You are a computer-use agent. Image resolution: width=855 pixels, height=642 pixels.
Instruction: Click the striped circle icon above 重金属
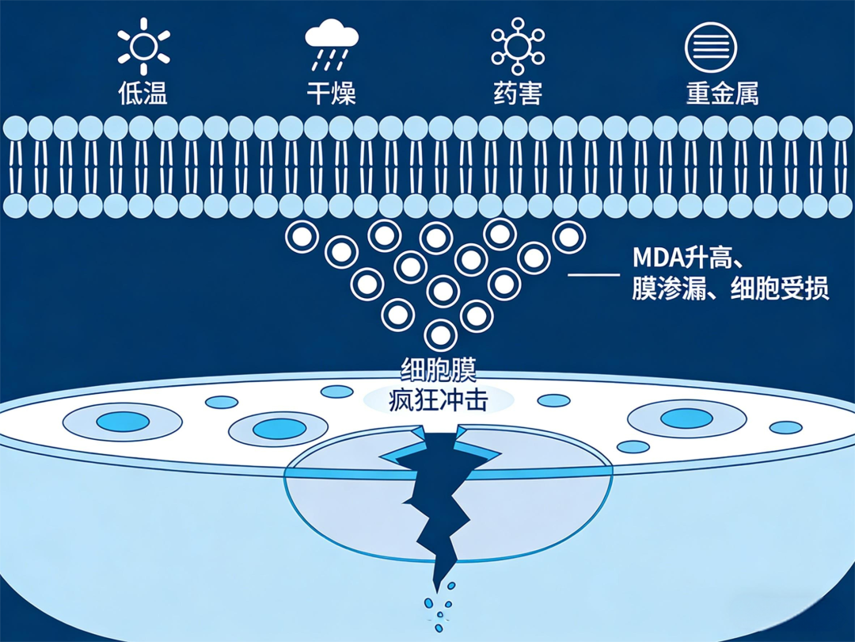(710, 45)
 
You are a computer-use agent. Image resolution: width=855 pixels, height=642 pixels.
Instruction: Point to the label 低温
(143, 94)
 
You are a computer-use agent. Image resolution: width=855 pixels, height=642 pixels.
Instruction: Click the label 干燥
(332, 94)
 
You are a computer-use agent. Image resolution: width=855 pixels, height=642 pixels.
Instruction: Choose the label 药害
(518, 94)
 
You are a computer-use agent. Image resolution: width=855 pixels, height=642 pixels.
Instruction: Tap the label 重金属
(722, 94)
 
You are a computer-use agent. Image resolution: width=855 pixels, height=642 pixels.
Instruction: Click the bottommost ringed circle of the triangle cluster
(441, 334)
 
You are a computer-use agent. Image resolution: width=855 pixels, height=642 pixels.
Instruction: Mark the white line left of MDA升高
(594, 274)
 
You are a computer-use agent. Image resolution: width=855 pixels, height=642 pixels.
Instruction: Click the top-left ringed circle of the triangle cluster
(302, 235)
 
